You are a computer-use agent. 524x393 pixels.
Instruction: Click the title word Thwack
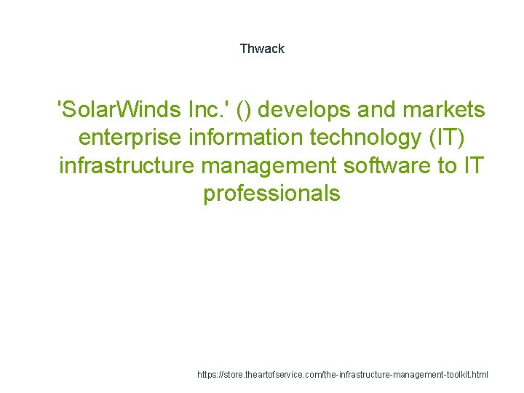tap(262, 49)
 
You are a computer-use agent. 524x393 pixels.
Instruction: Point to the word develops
tap(304, 110)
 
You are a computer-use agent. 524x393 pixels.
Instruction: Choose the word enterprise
tap(127, 138)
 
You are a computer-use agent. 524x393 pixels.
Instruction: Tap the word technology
tap(357, 138)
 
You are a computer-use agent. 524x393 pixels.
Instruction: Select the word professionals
tap(271, 194)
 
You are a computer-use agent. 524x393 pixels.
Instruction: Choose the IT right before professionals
tap(473, 166)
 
